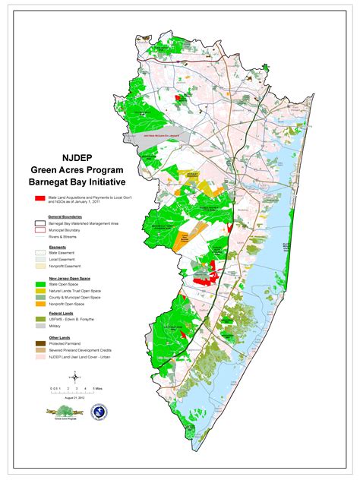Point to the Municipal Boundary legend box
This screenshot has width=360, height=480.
pyautogui.click(x=39, y=232)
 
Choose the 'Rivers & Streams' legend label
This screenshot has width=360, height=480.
pyautogui.click(x=62, y=238)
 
